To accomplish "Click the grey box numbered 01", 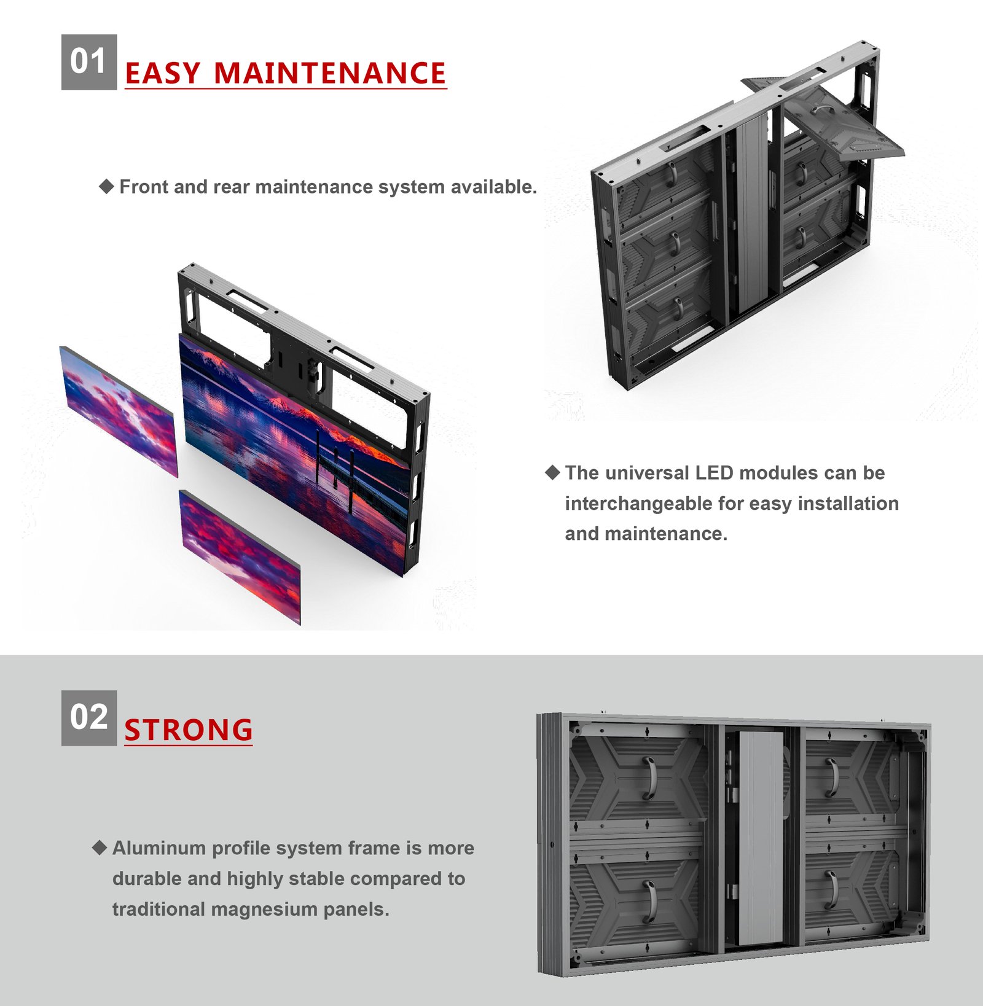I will (88, 62).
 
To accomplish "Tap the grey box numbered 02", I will (88, 717).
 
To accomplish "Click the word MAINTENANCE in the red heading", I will (329, 74).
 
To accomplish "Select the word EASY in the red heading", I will (163, 74).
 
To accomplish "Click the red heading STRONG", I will (188, 730).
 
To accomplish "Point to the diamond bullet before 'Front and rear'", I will (106, 186).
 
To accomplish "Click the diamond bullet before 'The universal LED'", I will (552, 472).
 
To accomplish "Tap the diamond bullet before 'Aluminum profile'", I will (100, 848).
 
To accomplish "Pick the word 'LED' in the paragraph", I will (715, 473).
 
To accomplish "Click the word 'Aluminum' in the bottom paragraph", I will (159, 848).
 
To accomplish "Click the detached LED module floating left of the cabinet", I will (118, 410).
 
